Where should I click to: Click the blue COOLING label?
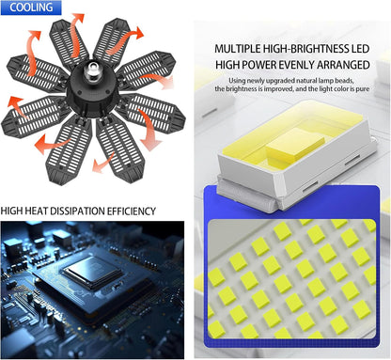tap(31, 8)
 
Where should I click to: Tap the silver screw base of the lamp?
tap(91, 70)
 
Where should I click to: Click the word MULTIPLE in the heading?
tap(238, 49)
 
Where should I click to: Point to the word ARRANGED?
tap(343, 65)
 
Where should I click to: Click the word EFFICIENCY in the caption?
tap(132, 211)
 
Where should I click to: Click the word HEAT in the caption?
tap(37, 211)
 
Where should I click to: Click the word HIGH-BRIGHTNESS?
tap(305, 49)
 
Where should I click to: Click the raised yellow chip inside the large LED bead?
tap(295, 145)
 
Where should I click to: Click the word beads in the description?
tap(344, 81)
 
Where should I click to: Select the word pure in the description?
tap(363, 88)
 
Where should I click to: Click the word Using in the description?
tap(237, 81)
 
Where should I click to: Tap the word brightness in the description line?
tap(242, 89)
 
